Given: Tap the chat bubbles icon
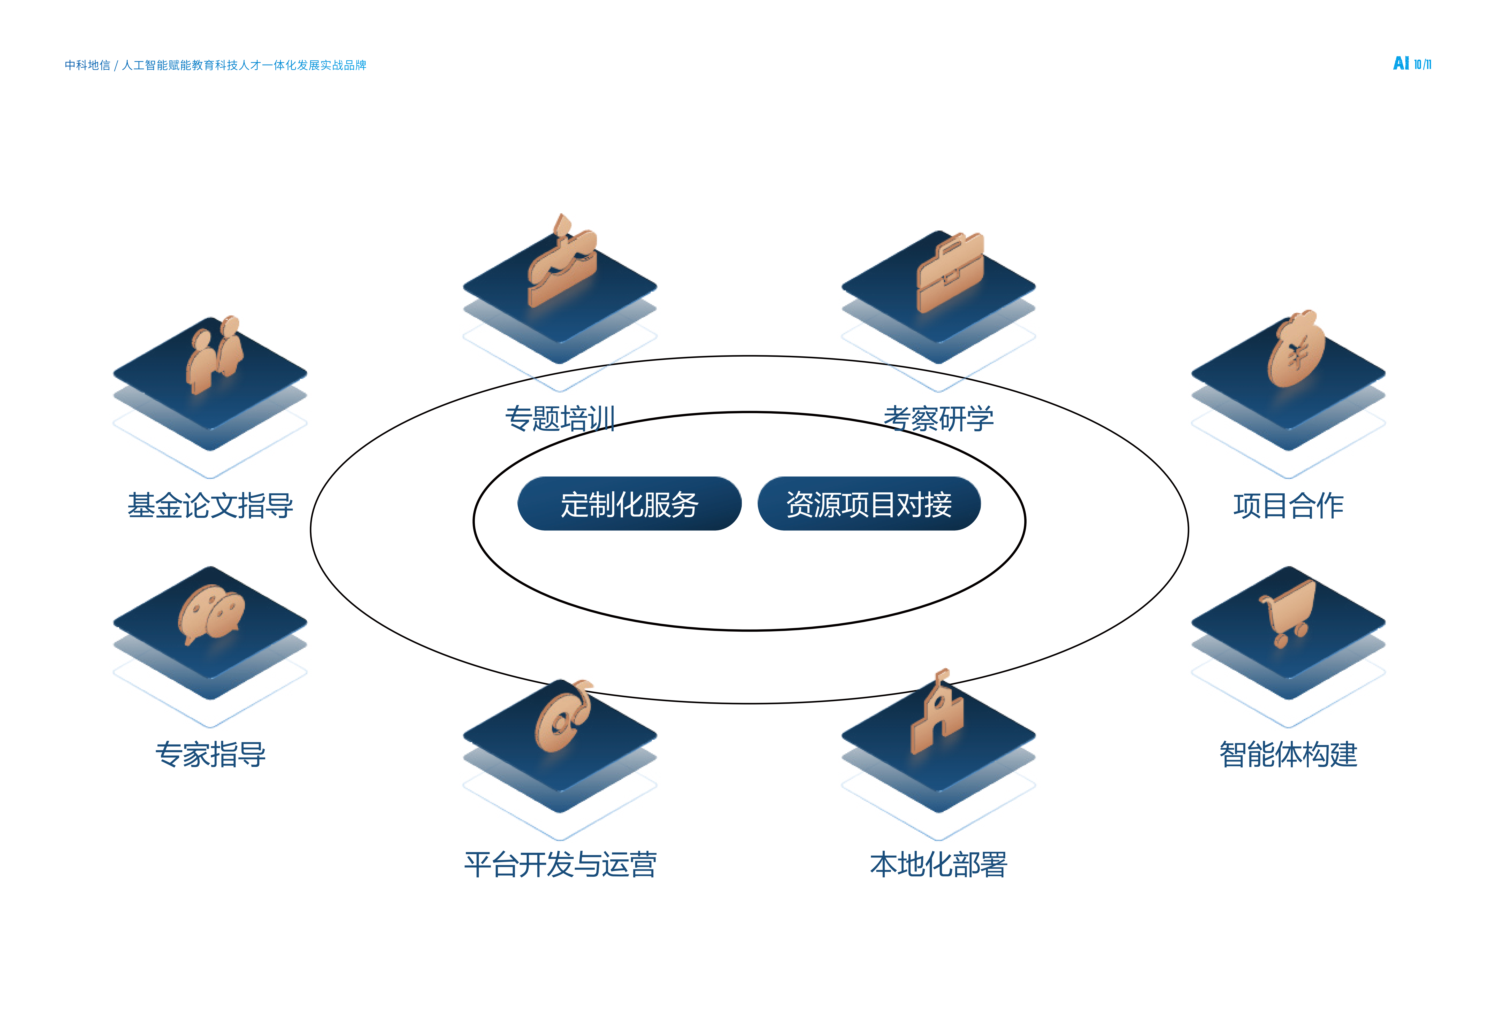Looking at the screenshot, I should pyautogui.click(x=211, y=614).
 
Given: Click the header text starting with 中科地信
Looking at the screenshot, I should pyautogui.click(x=215, y=65).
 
